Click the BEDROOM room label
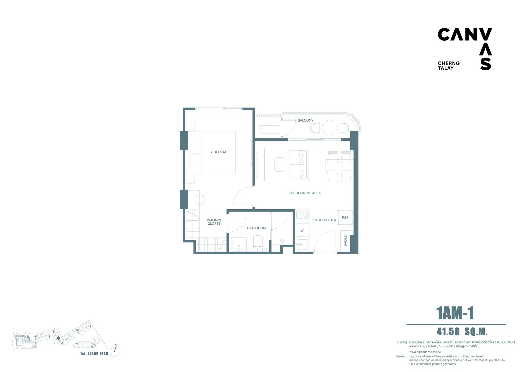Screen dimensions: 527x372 click(x=218, y=152)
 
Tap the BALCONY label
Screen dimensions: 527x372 click(x=305, y=120)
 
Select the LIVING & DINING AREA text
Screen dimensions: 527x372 click(x=303, y=193)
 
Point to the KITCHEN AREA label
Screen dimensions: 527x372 click(x=324, y=220)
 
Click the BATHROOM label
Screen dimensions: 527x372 click(x=256, y=228)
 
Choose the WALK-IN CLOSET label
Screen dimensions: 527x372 click(x=214, y=222)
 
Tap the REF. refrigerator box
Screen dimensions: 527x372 click(x=345, y=218)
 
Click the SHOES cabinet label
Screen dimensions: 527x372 click(x=345, y=241)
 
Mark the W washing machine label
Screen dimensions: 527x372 click(x=302, y=231)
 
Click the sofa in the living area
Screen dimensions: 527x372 click(x=299, y=165)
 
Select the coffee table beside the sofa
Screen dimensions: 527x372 click(x=279, y=164)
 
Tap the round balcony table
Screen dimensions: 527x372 click(x=329, y=128)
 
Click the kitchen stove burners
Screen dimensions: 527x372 click(x=302, y=215)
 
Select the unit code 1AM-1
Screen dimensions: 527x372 click(x=455, y=314)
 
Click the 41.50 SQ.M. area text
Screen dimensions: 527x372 click(x=462, y=332)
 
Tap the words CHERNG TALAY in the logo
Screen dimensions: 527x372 click(x=449, y=66)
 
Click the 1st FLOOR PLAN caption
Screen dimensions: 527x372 click(x=94, y=354)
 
